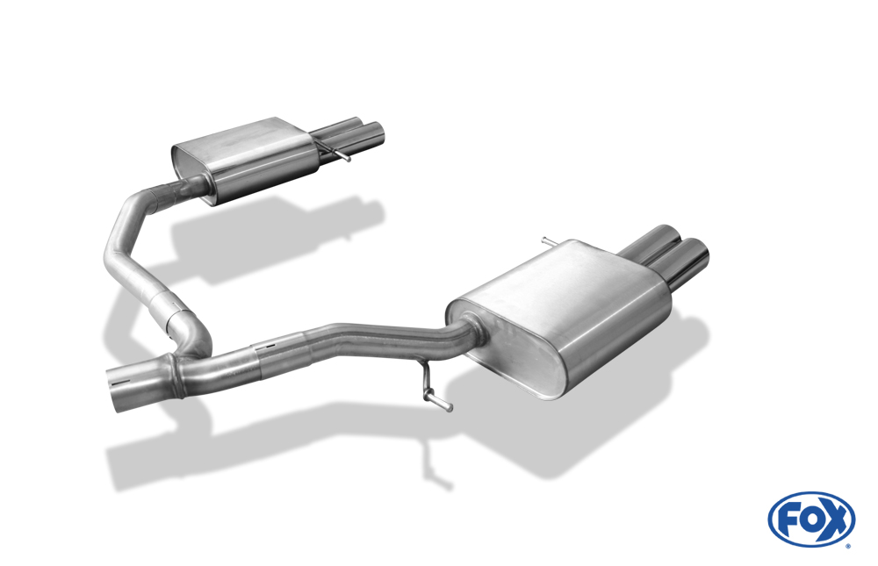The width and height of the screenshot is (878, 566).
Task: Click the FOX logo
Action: (x=811, y=519)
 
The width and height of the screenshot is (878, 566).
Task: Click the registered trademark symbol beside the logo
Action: (x=848, y=546)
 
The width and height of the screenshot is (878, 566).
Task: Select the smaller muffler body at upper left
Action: (x=247, y=160)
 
